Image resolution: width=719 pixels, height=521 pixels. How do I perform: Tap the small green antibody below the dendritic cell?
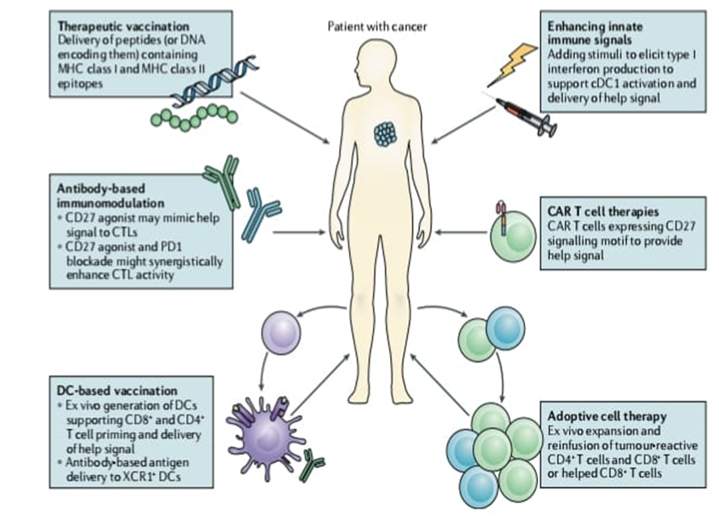(312, 464)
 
